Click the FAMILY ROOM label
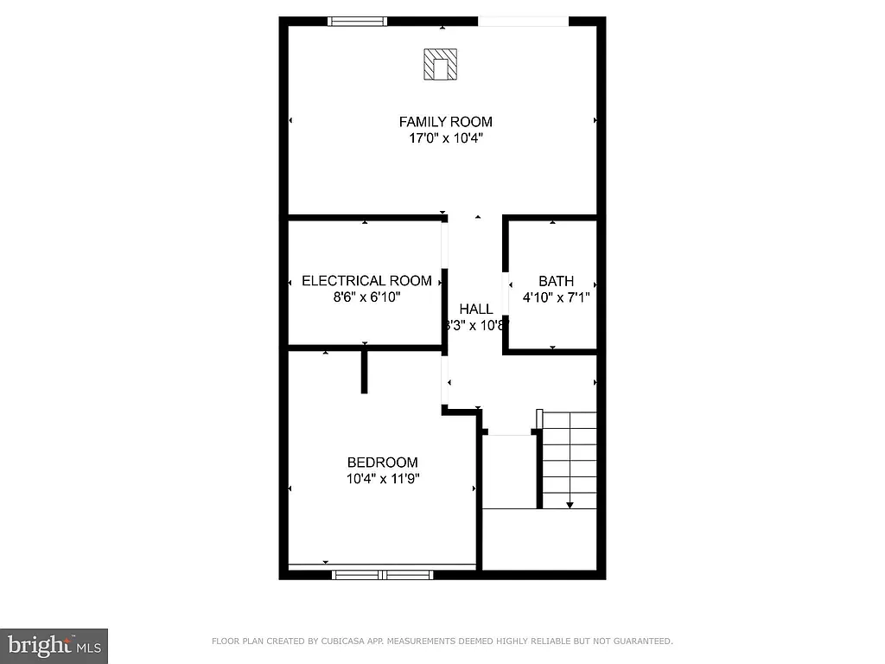click(445, 122)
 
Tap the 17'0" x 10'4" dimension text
click(445, 137)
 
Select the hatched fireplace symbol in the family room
click(440, 65)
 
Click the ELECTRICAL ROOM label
click(366, 281)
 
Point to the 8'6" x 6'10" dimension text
click(366, 297)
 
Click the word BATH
click(556, 281)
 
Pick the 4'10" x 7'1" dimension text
click(556, 297)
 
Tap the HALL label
click(476, 309)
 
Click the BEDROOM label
click(382, 463)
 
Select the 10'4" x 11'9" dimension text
click(382, 478)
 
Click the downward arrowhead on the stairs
click(570, 505)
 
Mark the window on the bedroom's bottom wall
click(382, 574)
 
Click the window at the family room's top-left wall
click(356, 22)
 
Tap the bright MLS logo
click(54, 645)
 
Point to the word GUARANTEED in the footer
click(640, 642)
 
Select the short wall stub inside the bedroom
click(365, 372)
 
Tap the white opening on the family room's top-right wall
click(523, 22)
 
